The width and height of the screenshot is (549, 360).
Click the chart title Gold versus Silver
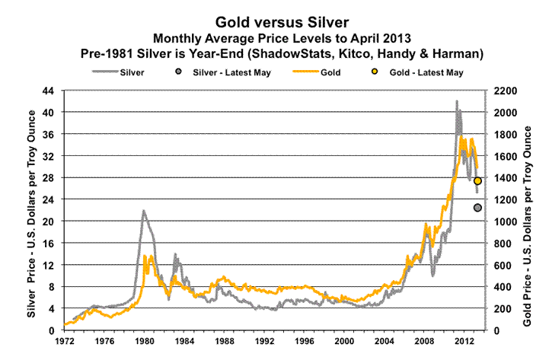point(275,23)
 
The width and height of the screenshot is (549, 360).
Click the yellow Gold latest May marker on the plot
point(477,180)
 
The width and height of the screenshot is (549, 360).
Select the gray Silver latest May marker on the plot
point(477,208)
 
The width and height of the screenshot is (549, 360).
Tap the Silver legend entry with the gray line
point(127,72)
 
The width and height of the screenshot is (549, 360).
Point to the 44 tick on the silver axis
point(47,91)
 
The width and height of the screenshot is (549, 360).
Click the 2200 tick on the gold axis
point(506,91)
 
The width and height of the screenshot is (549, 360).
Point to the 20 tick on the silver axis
point(47,221)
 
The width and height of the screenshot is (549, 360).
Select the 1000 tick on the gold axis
point(506,221)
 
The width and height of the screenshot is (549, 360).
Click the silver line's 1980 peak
point(142,211)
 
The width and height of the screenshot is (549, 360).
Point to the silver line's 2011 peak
point(457,101)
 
